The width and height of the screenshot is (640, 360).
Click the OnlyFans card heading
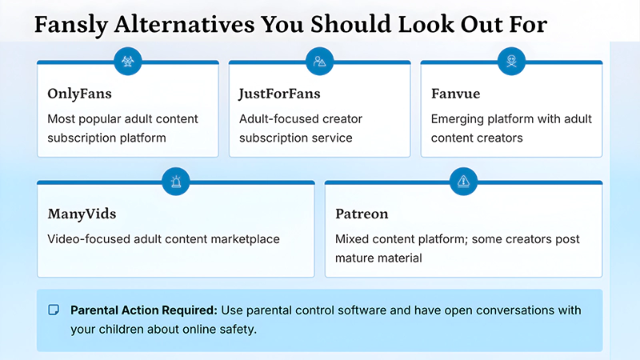coord(79,94)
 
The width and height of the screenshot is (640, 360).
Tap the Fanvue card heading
coord(455,94)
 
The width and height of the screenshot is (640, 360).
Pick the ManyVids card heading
coord(82,214)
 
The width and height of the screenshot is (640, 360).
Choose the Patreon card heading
coord(362,214)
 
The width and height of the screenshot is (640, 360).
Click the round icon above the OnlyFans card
coord(128,61)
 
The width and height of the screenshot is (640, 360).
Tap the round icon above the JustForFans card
coord(319,61)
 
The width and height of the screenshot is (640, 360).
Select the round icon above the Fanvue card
coord(511,61)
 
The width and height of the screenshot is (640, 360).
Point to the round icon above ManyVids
coord(176,181)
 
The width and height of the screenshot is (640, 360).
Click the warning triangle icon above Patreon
coord(463,181)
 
